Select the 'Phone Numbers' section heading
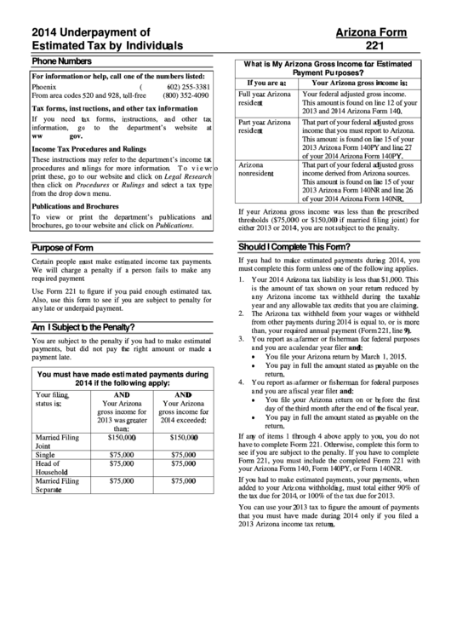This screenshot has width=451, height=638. pyautogui.click(x=61, y=61)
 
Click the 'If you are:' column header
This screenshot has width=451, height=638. pyautogui.click(x=261, y=83)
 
